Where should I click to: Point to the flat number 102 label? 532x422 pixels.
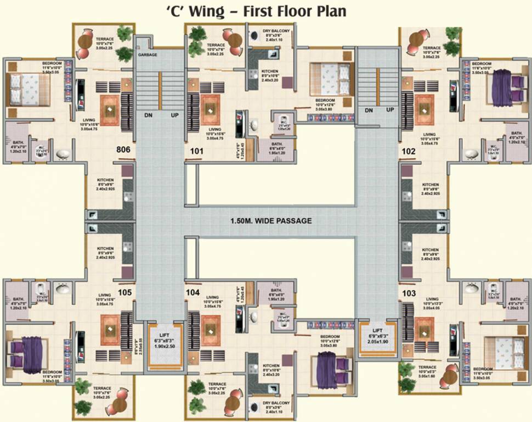point(409,149)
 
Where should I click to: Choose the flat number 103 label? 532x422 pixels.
point(409,293)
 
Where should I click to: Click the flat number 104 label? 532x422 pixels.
point(193,293)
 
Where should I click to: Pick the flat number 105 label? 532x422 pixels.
point(124,293)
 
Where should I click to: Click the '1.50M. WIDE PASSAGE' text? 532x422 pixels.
point(271,221)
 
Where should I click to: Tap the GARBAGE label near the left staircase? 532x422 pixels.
point(148,55)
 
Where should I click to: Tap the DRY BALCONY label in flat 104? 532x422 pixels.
point(276,402)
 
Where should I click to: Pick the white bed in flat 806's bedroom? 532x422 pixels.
point(25,88)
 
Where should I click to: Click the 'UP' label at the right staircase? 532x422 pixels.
point(390,110)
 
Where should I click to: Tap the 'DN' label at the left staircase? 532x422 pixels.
point(149,116)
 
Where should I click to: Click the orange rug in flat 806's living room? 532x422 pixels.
point(109,108)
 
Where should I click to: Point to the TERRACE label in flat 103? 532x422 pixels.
point(427,368)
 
